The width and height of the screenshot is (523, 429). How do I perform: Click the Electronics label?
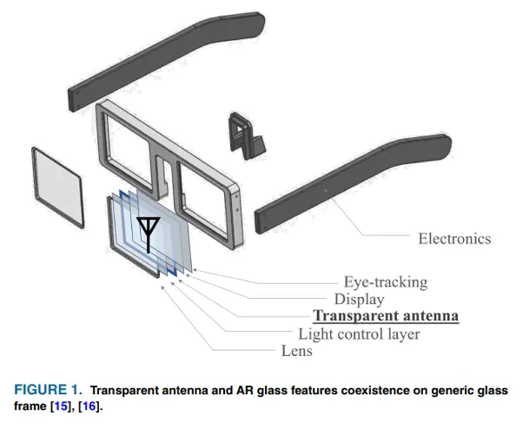click(x=454, y=239)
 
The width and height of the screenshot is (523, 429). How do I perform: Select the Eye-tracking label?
click(x=386, y=281)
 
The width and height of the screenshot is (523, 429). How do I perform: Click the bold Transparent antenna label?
click(x=386, y=316)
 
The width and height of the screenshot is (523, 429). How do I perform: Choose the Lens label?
click(x=296, y=351)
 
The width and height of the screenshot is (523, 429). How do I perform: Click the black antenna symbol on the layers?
click(x=149, y=227)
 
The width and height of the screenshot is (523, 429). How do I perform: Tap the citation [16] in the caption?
click(x=89, y=406)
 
